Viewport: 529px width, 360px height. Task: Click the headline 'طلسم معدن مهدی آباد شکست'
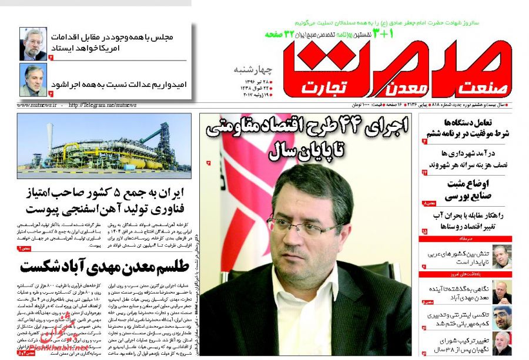103,265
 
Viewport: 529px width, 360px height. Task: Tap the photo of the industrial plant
103,145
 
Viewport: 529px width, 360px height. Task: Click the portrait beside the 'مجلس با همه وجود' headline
33,43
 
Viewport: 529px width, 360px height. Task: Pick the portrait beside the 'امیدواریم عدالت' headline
33,80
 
